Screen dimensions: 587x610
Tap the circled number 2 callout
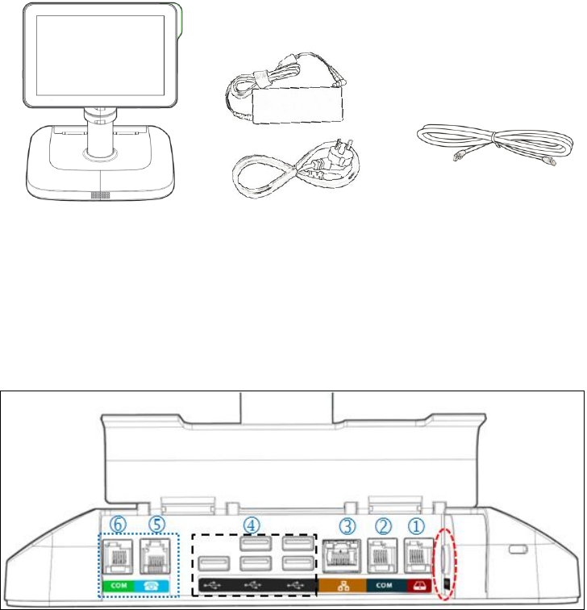[x=384, y=524]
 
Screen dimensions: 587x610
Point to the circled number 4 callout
[x=252, y=524]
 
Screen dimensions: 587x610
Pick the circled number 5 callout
[x=158, y=524]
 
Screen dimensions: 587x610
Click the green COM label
[x=118, y=583]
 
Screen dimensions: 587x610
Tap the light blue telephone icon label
[x=158, y=583]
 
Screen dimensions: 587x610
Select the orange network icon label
[x=343, y=583]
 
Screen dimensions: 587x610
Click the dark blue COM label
[x=384, y=583]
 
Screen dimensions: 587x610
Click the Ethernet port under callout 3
[x=343, y=558]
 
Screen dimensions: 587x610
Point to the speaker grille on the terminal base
[x=101, y=196]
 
